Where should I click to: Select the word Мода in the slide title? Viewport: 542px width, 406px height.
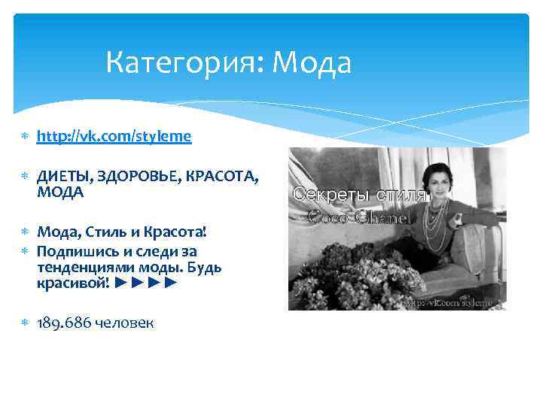tap(311, 63)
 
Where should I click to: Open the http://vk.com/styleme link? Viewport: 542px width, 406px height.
tap(114, 136)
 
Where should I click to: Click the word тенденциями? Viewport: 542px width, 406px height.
tap(84, 268)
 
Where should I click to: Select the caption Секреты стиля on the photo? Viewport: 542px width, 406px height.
tap(360, 194)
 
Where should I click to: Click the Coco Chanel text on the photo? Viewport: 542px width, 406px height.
tap(360, 218)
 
